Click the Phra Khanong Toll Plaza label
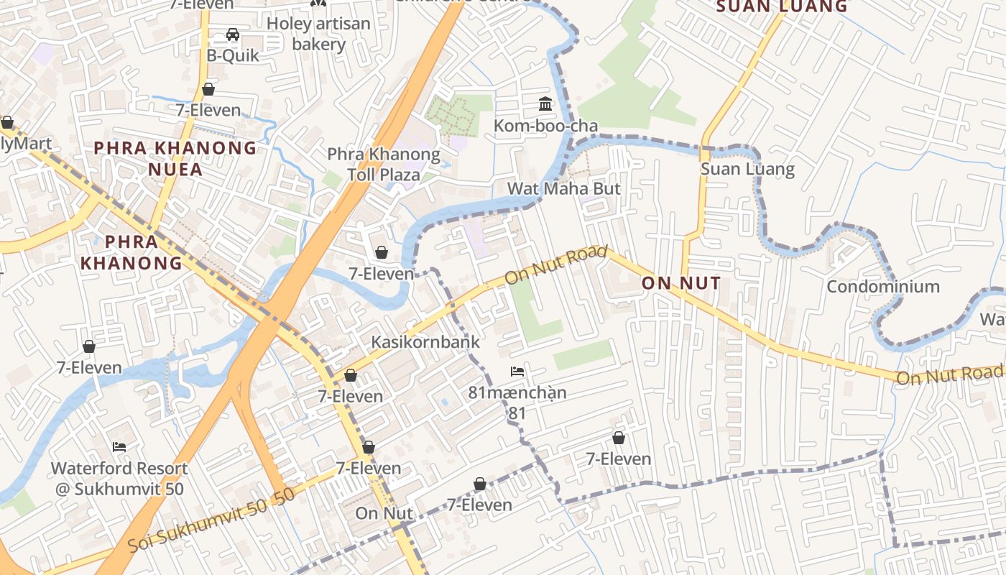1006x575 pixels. click(383, 165)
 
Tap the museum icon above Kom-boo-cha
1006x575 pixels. click(545, 105)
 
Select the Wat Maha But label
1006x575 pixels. click(563, 189)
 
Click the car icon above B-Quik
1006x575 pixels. click(233, 34)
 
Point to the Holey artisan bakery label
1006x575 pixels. click(318, 34)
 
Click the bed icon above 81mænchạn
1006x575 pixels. click(517, 372)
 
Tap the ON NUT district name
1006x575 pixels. click(680, 283)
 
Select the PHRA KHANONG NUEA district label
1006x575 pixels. click(176, 159)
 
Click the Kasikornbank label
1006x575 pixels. click(425, 342)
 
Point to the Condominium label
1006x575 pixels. click(883, 287)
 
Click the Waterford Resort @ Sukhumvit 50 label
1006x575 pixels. click(119, 479)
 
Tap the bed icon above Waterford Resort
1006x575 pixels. click(119, 447)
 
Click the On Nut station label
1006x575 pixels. click(384, 514)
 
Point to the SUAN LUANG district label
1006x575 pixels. click(782, 6)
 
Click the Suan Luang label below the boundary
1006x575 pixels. click(747, 170)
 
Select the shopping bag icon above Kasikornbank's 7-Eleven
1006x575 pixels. click(351, 375)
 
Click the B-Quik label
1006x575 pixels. click(233, 55)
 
